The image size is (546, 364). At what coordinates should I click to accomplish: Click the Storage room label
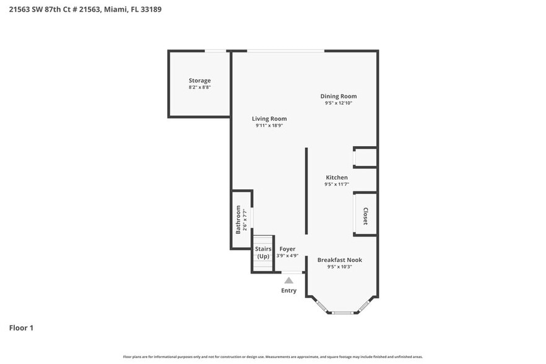tap(199, 80)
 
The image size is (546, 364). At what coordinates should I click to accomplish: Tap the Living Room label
tap(269, 118)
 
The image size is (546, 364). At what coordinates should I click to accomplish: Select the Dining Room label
tap(338, 96)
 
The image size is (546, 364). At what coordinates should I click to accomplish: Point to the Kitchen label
tap(337, 178)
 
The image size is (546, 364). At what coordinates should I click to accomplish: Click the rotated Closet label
tap(365, 215)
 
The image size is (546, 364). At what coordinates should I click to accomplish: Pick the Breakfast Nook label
tap(339, 260)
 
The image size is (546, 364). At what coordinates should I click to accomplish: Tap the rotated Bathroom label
tap(238, 220)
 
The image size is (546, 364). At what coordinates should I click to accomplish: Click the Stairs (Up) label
tap(263, 253)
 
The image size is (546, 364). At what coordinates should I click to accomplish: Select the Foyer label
tap(287, 249)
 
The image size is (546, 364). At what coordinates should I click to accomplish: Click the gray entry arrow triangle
tap(288, 280)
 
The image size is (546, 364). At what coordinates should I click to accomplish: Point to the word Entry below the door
tap(288, 290)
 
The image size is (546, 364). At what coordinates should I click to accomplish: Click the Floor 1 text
tap(21, 327)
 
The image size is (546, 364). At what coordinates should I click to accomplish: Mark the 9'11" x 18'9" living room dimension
tap(269, 126)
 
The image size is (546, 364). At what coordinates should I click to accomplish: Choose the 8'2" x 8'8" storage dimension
tap(199, 88)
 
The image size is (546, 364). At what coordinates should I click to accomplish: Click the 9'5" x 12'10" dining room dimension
tap(338, 103)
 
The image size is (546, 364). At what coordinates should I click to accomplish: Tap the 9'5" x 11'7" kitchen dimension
tap(337, 184)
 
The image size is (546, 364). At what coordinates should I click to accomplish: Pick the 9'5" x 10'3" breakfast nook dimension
tap(339, 267)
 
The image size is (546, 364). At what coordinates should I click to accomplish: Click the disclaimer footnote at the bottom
tap(273, 357)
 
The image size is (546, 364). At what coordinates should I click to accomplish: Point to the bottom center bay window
tap(342, 313)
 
